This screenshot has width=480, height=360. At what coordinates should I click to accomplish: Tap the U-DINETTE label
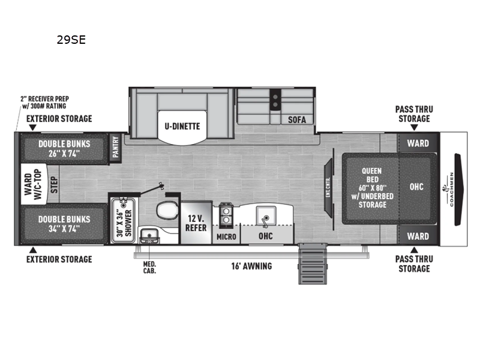coord(182,126)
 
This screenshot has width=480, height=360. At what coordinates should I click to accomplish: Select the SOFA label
coord(296,119)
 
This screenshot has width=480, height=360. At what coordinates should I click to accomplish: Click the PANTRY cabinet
coord(115,148)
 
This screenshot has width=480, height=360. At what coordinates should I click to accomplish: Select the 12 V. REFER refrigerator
coord(196,223)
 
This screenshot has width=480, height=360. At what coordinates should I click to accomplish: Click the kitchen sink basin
coord(265,214)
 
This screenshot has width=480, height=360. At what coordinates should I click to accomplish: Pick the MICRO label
coord(227,236)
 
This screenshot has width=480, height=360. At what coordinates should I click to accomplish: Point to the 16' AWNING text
coord(251,266)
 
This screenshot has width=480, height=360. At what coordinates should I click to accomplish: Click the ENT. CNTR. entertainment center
coord(329,188)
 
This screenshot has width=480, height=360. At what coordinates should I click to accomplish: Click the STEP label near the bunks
coord(53,185)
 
